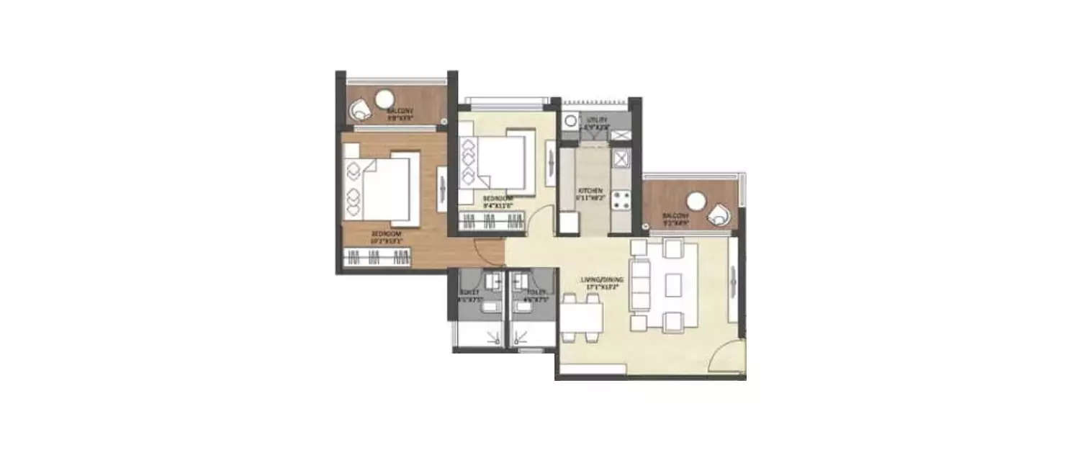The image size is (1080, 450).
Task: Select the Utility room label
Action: pyautogui.click(x=597, y=123)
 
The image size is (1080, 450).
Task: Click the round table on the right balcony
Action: pyautogui.click(x=697, y=200)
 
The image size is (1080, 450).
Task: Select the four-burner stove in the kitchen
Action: pyautogui.click(x=620, y=199)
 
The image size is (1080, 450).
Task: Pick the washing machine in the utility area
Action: pyautogui.click(x=570, y=120)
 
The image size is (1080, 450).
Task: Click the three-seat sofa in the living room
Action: pyautogui.click(x=639, y=284)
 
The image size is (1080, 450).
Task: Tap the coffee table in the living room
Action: pyautogui.click(x=674, y=285)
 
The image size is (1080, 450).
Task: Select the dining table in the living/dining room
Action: pyautogui.click(x=582, y=318)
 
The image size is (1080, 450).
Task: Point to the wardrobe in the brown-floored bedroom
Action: pyautogui.click(x=377, y=257)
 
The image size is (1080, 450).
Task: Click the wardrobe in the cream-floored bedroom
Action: pyautogui.click(x=492, y=222)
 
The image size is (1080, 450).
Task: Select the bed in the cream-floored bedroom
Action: pyautogui.click(x=496, y=162)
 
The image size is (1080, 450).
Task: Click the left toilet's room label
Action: pyautogui.click(x=469, y=296)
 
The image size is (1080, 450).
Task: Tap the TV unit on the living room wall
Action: pyautogui.click(x=733, y=279)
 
